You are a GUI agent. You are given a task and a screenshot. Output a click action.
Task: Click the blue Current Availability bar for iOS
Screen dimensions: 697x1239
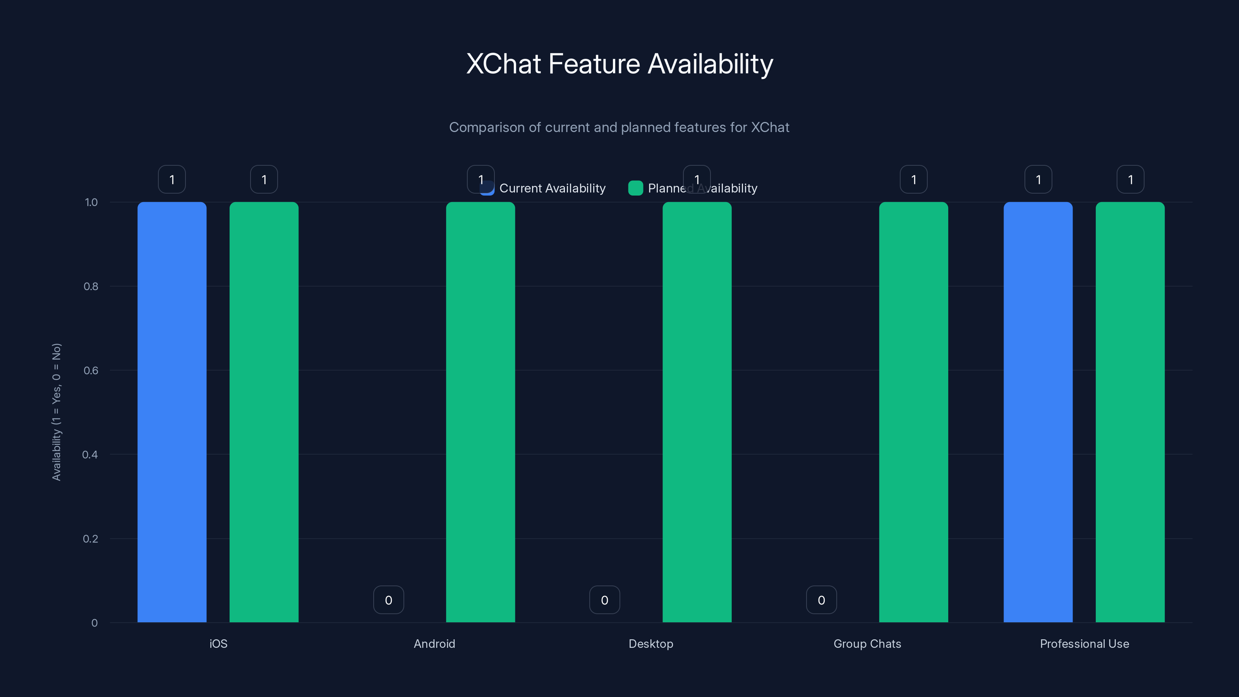click(172, 412)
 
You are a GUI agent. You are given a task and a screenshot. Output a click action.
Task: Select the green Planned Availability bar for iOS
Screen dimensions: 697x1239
click(264, 412)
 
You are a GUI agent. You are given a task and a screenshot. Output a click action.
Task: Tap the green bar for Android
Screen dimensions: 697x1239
click(480, 412)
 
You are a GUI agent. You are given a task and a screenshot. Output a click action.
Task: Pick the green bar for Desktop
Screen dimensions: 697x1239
click(697, 412)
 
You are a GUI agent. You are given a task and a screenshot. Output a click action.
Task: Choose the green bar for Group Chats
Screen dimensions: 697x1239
click(913, 412)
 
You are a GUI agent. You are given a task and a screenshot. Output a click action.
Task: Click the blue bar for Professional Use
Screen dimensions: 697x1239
click(1038, 412)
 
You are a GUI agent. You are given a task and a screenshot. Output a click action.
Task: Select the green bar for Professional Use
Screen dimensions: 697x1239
click(1130, 412)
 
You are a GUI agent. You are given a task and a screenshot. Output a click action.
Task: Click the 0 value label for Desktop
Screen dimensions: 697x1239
click(604, 600)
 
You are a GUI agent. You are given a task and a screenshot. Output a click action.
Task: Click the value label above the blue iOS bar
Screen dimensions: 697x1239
click(172, 179)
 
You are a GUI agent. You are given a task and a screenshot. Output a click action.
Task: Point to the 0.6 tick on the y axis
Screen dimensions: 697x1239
click(91, 371)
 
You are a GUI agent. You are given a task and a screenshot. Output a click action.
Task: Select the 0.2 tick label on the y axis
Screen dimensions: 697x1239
click(91, 539)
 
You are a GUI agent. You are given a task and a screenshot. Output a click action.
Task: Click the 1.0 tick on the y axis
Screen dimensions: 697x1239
click(91, 203)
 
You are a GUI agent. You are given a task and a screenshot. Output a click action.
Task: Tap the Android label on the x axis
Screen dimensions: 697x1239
click(434, 644)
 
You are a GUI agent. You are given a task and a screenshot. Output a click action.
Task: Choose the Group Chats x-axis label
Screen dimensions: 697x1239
click(867, 644)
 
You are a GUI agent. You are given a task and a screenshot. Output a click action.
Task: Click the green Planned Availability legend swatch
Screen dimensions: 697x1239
click(635, 188)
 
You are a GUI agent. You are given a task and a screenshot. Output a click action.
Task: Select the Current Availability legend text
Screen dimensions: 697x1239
click(552, 188)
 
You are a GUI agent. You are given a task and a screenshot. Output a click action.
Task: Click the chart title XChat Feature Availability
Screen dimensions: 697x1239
click(619, 64)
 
